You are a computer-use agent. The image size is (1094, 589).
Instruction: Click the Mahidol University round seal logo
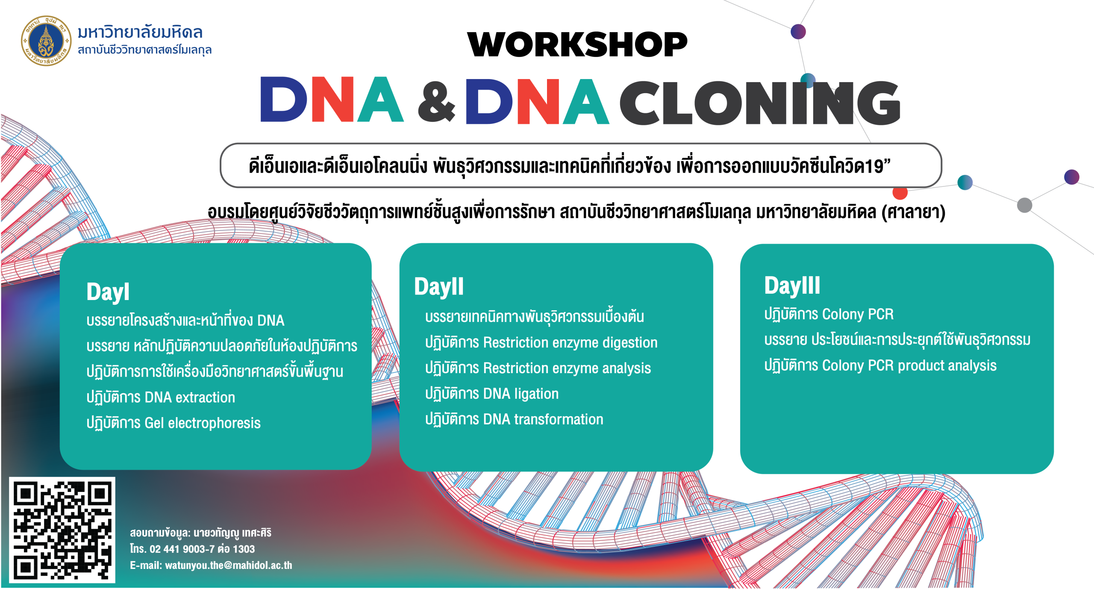47,41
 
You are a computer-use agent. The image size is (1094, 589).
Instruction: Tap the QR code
62,530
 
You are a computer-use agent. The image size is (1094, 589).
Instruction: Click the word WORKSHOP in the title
577,44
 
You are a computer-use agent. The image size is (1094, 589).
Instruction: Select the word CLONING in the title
760,103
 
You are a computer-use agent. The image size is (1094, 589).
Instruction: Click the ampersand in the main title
436,101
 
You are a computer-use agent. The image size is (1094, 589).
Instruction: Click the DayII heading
439,287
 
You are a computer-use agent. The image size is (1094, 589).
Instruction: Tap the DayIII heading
792,286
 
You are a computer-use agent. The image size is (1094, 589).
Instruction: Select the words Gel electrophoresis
203,423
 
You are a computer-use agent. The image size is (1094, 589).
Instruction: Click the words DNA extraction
190,398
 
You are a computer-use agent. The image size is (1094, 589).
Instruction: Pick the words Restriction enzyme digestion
571,343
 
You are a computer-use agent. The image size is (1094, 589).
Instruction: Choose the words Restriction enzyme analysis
567,368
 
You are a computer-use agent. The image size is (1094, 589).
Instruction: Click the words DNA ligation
521,394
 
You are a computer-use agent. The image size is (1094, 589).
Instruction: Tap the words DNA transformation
543,419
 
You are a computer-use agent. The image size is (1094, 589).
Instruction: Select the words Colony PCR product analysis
909,366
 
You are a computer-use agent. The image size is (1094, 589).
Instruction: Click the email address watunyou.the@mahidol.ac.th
229,565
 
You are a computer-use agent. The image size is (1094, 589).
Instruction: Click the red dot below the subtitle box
900,193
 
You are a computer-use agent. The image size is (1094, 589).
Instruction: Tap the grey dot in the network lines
1024,205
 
